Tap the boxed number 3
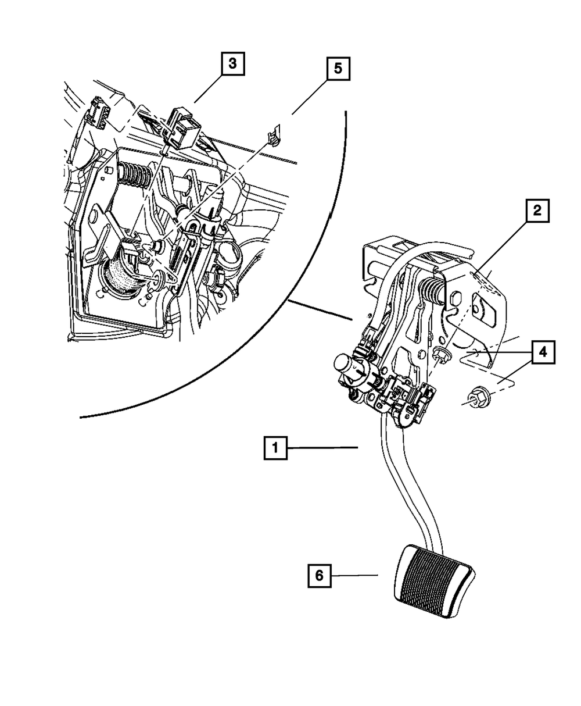(x=232, y=65)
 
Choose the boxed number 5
(x=338, y=69)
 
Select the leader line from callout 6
(x=355, y=576)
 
